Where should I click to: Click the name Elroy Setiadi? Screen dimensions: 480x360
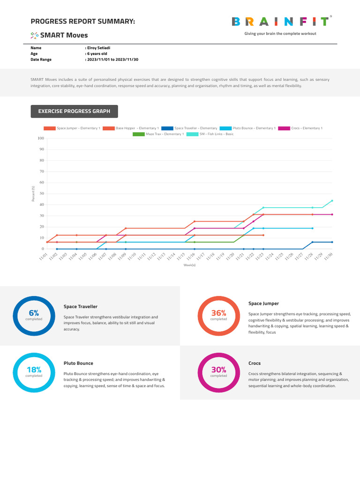click(x=98, y=48)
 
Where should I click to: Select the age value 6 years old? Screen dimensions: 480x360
click(x=97, y=53)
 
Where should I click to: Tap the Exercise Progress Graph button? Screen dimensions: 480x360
click(x=74, y=111)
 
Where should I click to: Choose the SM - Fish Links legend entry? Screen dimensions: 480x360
click(x=210, y=134)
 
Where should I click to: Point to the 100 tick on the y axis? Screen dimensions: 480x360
click(x=40, y=138)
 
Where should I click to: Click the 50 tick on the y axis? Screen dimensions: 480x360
click(x=41, y=194)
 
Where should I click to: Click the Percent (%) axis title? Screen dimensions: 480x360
click(x=33, y=194)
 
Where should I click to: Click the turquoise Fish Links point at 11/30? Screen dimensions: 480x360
click(x=332, y=201)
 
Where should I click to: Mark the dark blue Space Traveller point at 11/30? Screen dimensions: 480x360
click(x=332, y=242)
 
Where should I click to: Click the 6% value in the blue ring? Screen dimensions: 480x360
click(x=34, y=313)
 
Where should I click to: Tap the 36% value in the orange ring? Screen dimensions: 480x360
click(x=218, y=313)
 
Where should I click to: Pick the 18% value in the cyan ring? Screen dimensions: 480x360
click(x=34, y=369)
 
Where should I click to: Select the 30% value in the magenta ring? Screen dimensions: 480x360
click(x=218, y=369)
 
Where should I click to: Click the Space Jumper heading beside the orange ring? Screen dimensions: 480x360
click(x=263, y=303)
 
